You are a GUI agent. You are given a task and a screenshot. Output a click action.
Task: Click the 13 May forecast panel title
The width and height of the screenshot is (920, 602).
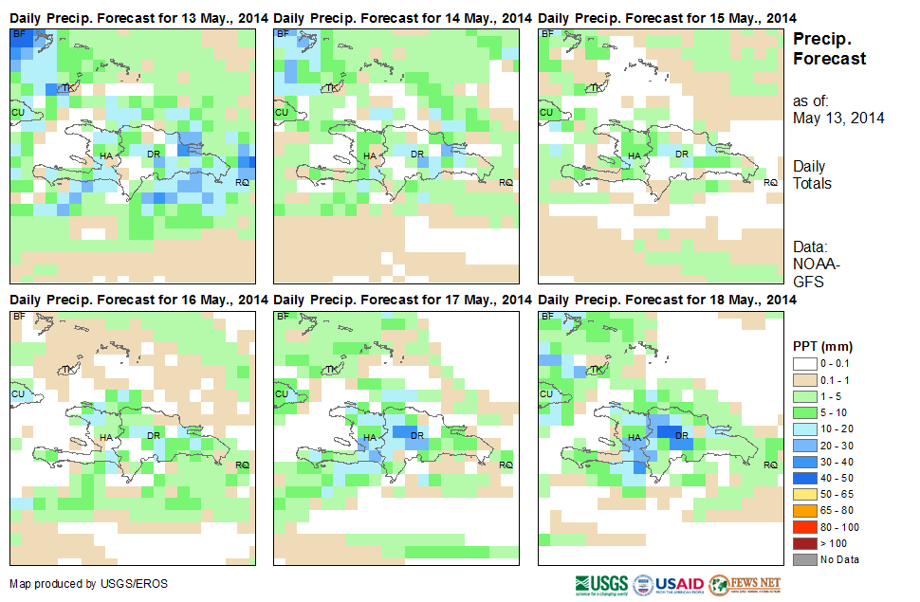coord(138,18)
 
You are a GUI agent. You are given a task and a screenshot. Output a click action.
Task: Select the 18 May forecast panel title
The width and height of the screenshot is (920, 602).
coord(667,300)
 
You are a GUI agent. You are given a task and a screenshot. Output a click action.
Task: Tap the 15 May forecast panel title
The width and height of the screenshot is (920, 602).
coord(667,18)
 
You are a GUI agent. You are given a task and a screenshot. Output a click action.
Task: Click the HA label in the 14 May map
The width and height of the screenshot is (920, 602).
coord(370,155)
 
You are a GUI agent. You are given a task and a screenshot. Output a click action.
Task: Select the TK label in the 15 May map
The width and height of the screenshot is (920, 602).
coord(595,88)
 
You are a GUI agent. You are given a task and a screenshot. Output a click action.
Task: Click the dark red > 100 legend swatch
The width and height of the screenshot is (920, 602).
coord(805,542)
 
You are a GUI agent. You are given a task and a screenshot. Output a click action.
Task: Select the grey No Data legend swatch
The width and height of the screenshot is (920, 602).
coord(805,558)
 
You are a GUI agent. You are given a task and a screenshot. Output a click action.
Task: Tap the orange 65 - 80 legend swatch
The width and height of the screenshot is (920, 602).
coord(805,510)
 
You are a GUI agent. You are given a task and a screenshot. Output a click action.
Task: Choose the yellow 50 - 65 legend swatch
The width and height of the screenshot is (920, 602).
coord(805,494)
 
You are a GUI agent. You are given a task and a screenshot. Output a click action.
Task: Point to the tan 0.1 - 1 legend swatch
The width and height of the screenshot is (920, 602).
coord(805,381)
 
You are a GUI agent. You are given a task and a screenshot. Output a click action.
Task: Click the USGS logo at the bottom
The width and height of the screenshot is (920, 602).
coord(600,583)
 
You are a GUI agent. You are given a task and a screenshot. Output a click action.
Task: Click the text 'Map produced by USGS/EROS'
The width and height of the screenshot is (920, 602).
coord(88,584)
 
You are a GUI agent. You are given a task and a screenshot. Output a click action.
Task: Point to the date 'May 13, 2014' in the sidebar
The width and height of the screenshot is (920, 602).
coord(838,119)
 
